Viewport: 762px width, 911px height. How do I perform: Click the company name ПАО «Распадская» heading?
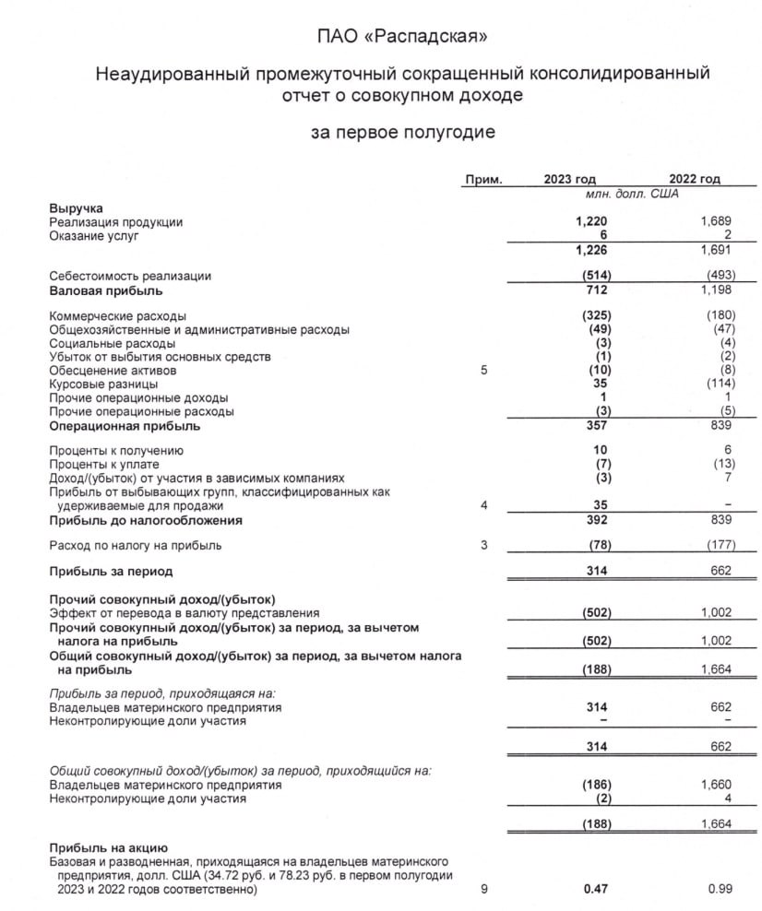[401, 37]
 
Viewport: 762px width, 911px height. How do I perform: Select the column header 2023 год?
[570, 180]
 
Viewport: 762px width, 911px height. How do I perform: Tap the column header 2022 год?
[694, 180]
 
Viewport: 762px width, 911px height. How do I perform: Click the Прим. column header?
[483, 180]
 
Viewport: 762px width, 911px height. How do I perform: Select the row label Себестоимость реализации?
[130, 276]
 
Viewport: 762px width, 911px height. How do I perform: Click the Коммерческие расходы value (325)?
[591, 315]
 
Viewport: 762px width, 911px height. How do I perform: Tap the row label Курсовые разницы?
[103, 384]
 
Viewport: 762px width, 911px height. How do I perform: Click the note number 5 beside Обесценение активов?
[482, 370]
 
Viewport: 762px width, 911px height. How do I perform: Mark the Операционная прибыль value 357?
[596, 427]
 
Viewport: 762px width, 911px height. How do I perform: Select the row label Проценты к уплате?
[110, 465]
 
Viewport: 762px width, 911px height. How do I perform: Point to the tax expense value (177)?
[714, 546]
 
